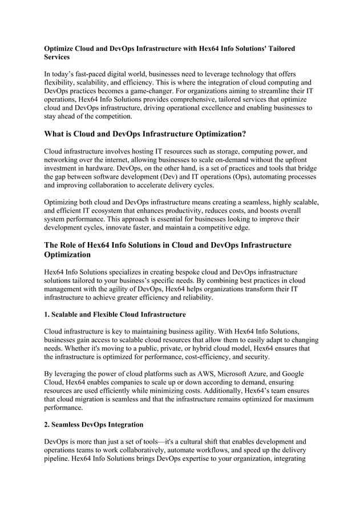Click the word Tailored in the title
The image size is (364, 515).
pyautogui.click(x=280, y=49)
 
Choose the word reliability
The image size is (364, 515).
pyautogui.click(x=193, y=297)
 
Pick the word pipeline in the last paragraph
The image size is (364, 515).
pyautogui.click(x=58, y=458)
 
